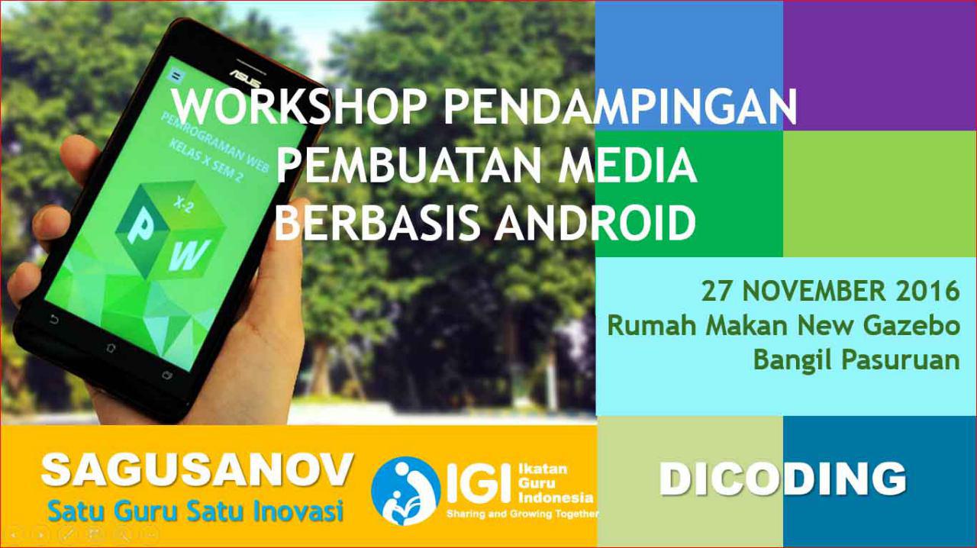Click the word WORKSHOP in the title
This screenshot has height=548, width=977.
(298, 108)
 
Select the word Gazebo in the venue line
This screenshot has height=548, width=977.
(911, 325)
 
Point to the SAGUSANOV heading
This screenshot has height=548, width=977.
(197, 470)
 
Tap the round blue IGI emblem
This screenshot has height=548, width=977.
(405, 491)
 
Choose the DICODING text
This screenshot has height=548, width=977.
(782, 479)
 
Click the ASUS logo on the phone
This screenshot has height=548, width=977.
(246, 78)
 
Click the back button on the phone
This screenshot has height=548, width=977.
(54, 319)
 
